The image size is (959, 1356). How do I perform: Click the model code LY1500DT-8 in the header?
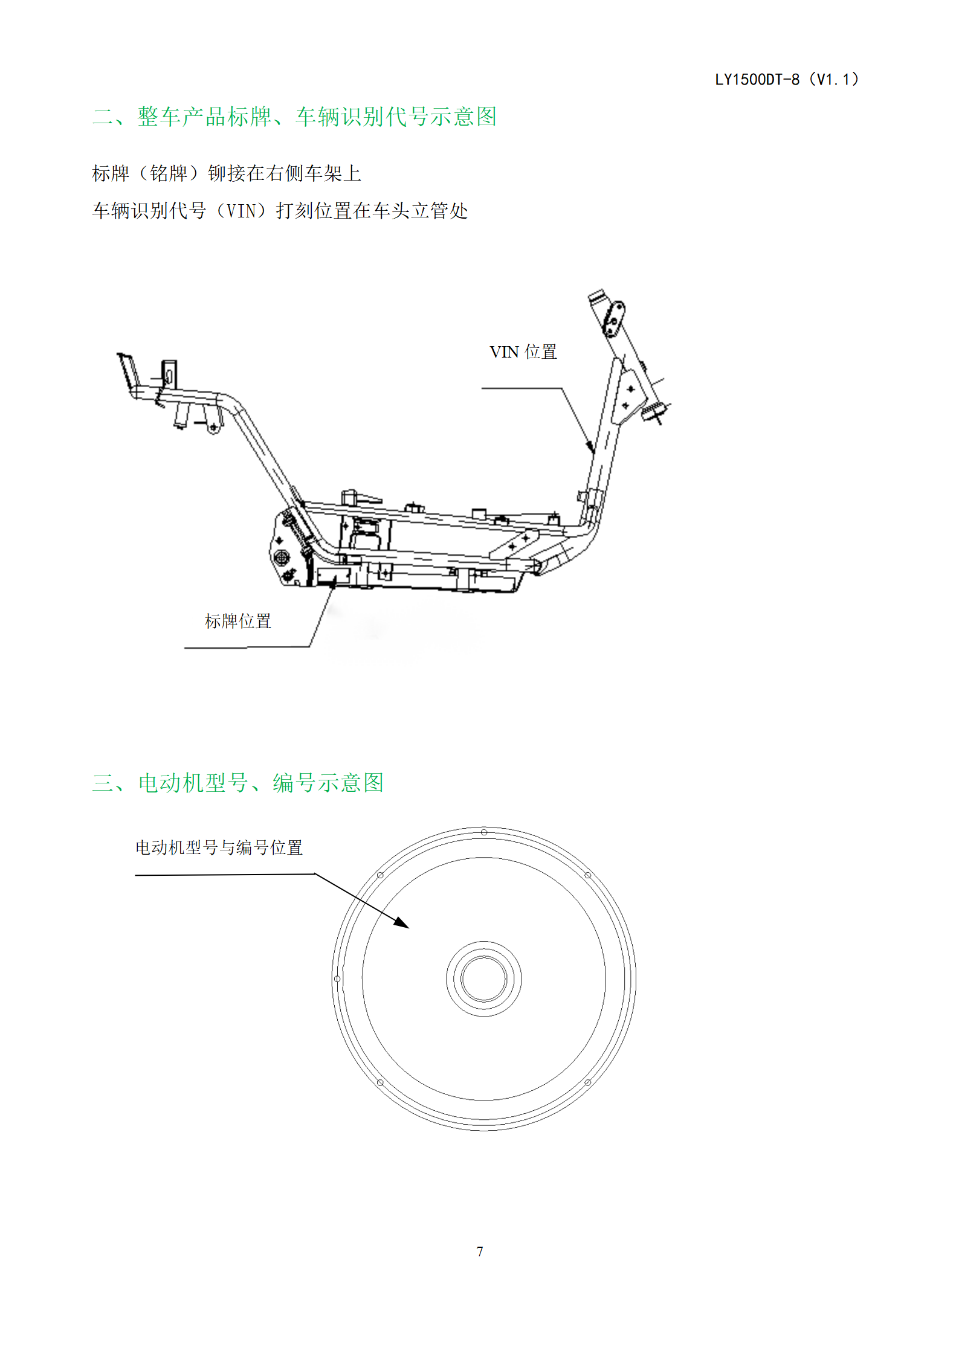(x=757, y=80)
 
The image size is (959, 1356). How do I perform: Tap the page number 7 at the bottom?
(x=480, y=1251)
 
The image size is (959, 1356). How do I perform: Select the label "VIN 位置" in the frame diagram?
(x=523, y=352)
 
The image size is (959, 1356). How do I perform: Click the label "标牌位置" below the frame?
(x=238, y=621)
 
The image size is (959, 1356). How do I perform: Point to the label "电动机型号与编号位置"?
(x=219, y=847)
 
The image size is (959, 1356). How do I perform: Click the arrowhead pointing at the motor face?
(x=402, y=922)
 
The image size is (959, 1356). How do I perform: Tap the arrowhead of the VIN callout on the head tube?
(x=590, y=446)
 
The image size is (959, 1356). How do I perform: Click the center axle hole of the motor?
(x=483, y=978)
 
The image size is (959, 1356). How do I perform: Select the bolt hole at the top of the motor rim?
(x=484, y=832)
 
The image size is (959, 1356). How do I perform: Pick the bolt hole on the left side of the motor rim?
(x=337, y=978)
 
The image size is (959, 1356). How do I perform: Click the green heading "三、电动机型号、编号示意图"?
(x=238, y=783)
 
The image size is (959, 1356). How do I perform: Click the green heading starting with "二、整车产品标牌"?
(x=294, y=117)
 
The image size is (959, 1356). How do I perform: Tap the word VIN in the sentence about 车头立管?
(x=241, y=211)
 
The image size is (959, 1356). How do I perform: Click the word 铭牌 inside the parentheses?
(x=169, y=173)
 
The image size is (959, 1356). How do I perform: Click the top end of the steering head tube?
(x=596, y=295)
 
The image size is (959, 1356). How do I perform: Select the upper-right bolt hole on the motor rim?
(x=587, y=875)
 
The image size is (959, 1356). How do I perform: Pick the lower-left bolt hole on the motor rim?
(x=380, y=1082)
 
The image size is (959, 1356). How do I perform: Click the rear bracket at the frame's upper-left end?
(x=128, y=370)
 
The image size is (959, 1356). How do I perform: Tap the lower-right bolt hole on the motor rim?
(x=587, y=1082)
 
